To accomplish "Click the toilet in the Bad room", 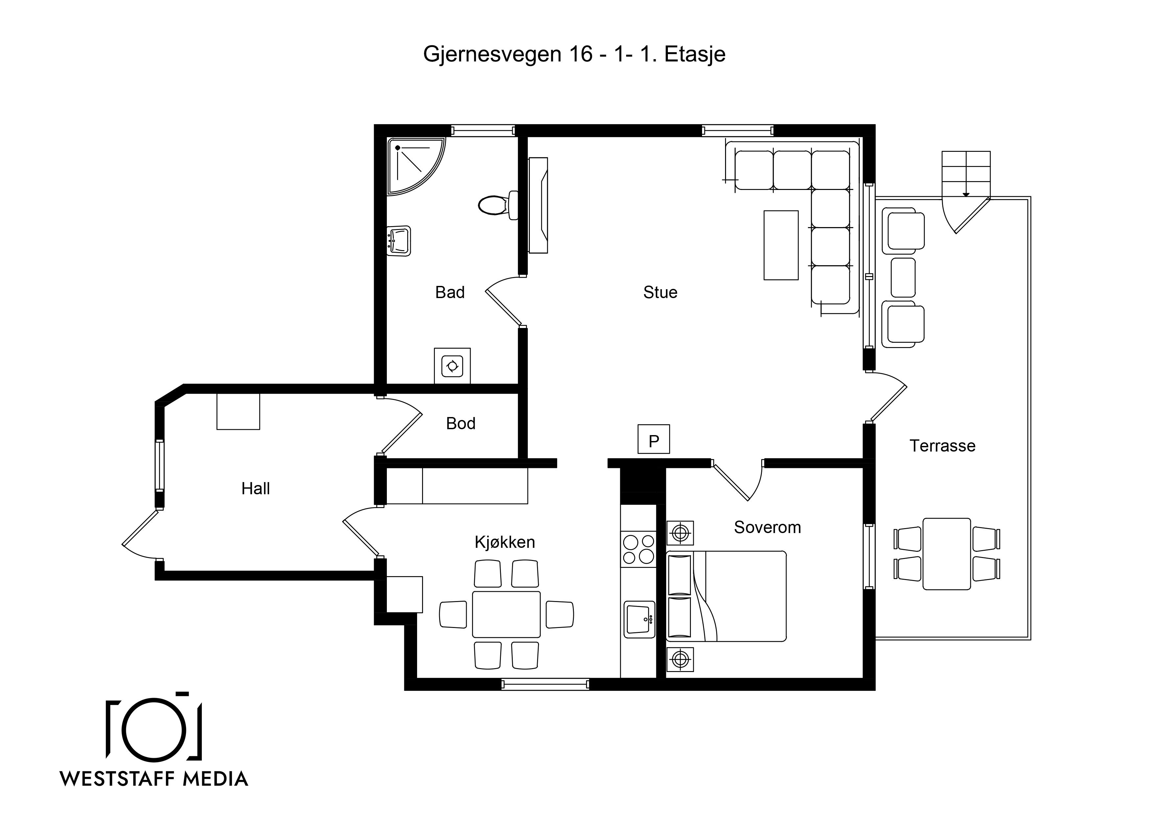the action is point(498,205).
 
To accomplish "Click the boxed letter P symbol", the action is point(653,439).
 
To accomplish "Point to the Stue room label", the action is point(660,292).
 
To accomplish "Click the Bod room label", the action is point(460,423).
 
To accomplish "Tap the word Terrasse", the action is point(943,446).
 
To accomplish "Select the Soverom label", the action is point(767,527).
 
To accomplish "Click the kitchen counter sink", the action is point(639,620).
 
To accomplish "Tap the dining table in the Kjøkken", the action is point(506,615).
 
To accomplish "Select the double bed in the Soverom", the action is point(726,596).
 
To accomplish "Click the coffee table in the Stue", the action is point(781,245).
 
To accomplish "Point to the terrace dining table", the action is point(947,554).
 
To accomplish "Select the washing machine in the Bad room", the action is point(452,365).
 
